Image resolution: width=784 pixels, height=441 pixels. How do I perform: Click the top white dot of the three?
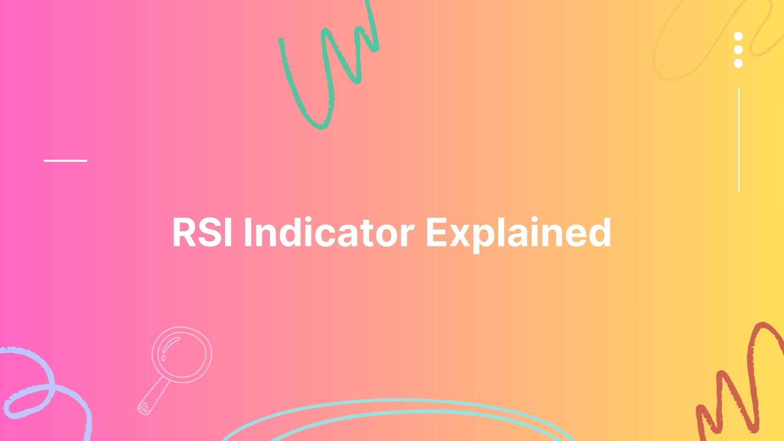(x=738, y=36)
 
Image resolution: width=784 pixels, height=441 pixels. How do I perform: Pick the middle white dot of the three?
(x=738, y=50)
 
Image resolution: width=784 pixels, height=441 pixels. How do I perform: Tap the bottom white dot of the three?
(x=738, y=63)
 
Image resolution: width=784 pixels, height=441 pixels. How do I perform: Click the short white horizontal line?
(x=65, y=160)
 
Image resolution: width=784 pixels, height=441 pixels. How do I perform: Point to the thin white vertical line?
(x=739, y=139)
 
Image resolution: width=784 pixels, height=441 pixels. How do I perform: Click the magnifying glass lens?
(x=182, y=354)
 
